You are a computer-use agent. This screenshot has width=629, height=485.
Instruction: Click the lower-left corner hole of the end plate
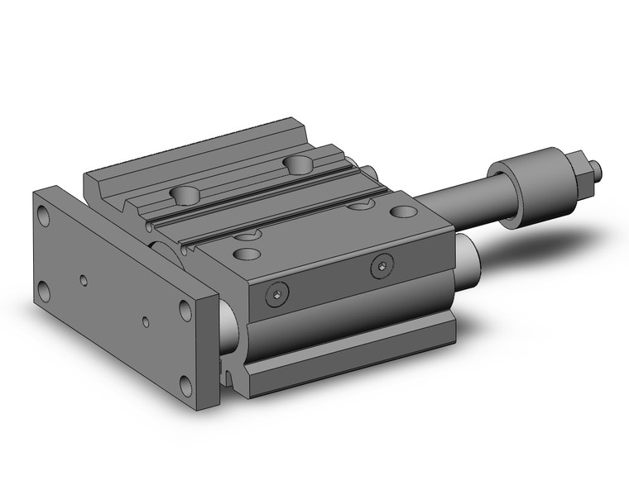[x=43, y=289]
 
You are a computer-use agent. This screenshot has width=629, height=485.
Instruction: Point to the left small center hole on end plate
[x=84, y=279]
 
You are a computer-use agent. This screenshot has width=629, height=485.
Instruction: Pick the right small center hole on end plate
[x=146, y=322]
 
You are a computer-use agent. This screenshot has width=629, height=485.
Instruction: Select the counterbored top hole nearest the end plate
[x=186, y=196]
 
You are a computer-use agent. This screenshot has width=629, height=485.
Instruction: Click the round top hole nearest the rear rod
[x=404, y=212]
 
